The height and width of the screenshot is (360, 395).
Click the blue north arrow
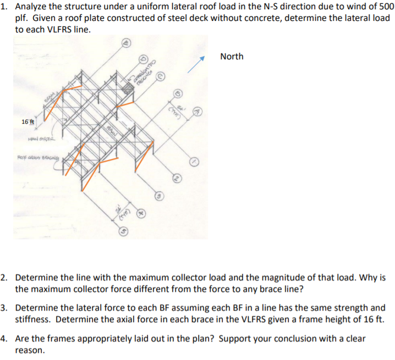[196, 65]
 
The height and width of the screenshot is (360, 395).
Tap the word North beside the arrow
[231, 57]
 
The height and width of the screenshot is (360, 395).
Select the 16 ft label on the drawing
[28, 122]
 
